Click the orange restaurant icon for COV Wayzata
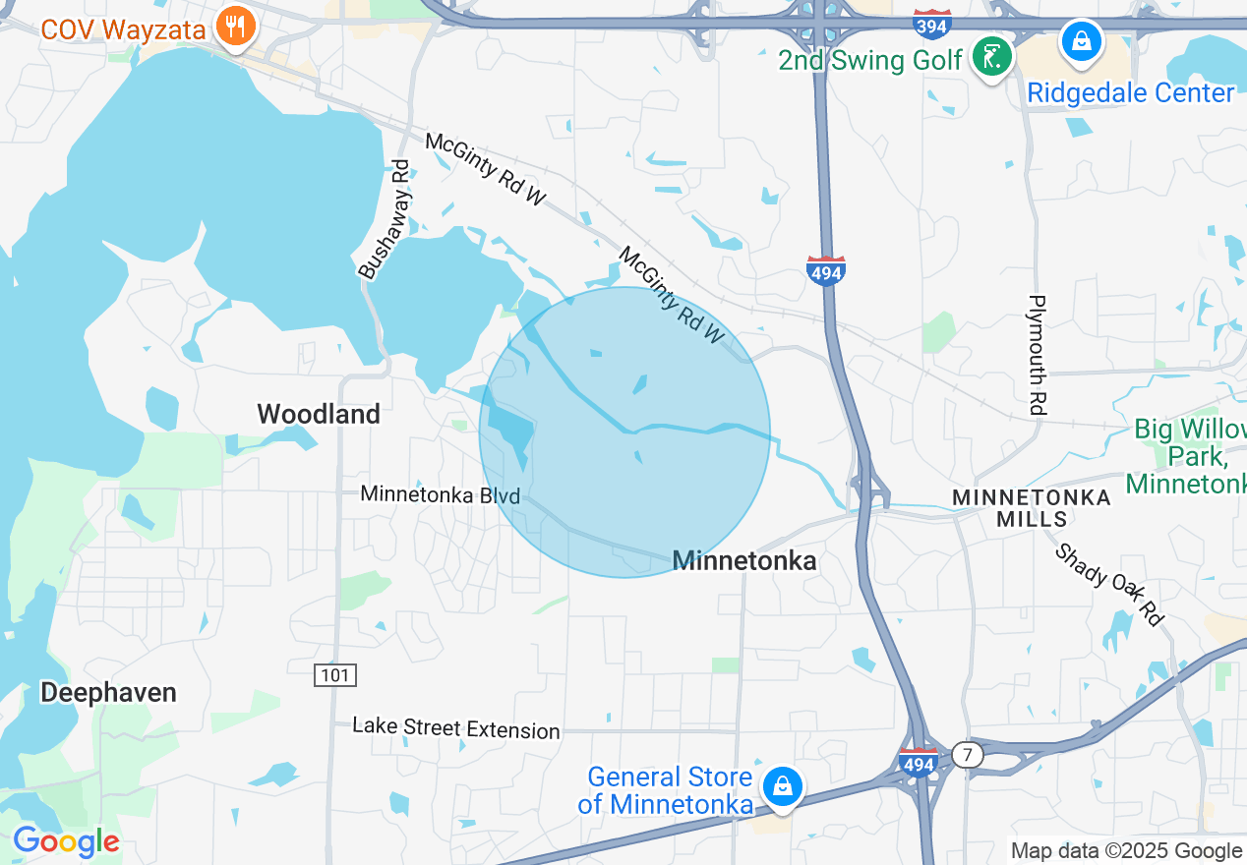tap(234, 28)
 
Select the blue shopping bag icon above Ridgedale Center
tap(1081, 42)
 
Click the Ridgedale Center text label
tap(1130, 93)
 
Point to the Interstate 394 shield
tap(930, 22)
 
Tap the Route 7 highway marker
tap(968, 755)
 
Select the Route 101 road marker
tap(335, 675)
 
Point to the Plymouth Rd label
tap(1037, 355)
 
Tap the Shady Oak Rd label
tap(1108, 584)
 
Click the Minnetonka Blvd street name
tap(440, 494)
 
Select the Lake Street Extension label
tap(456, 728)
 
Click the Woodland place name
tap(319, 414)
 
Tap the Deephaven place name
tap(108, 693)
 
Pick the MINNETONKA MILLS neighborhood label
tap(1032, 508)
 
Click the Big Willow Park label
tap(1189, 457)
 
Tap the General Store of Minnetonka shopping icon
tap(782, 786)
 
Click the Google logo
tap(66, 841)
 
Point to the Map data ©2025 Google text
tap(1126, 851)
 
